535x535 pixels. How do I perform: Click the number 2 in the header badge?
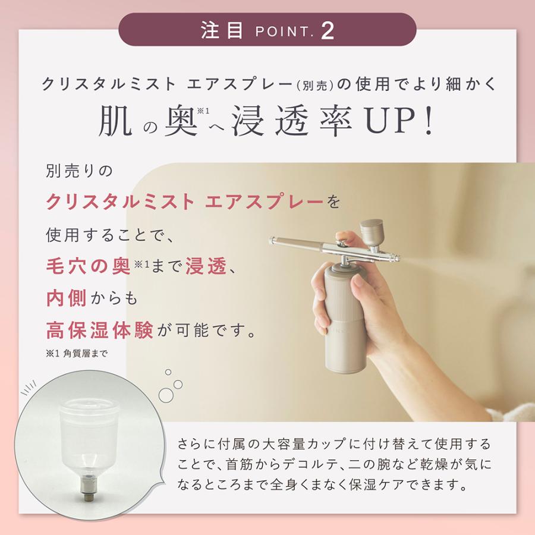328,30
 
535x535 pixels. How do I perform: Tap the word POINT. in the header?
282,32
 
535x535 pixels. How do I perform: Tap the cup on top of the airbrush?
371,229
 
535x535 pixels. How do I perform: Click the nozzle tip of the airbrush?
399,257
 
